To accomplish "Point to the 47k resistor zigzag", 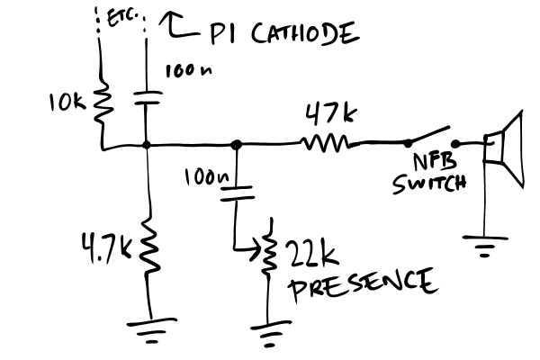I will tap(324, 143).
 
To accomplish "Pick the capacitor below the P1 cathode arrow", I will tap(145, 97).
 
